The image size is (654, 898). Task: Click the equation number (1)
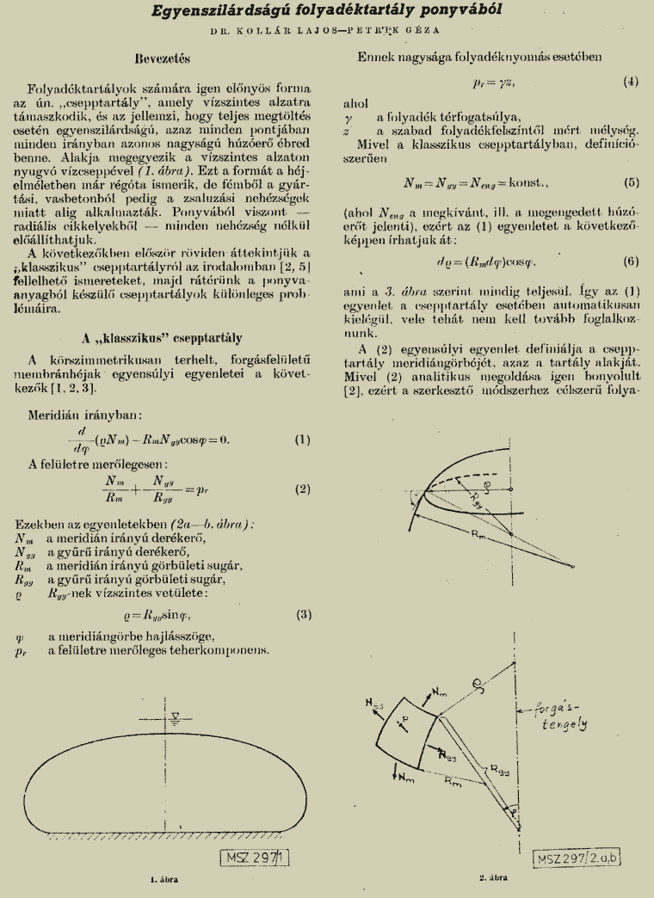[x=301, y=440]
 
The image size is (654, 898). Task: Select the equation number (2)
[x=301, y=489]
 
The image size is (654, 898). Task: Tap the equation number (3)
[x=301, y=614]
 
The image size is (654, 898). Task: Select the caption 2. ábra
[x=496, y=879]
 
